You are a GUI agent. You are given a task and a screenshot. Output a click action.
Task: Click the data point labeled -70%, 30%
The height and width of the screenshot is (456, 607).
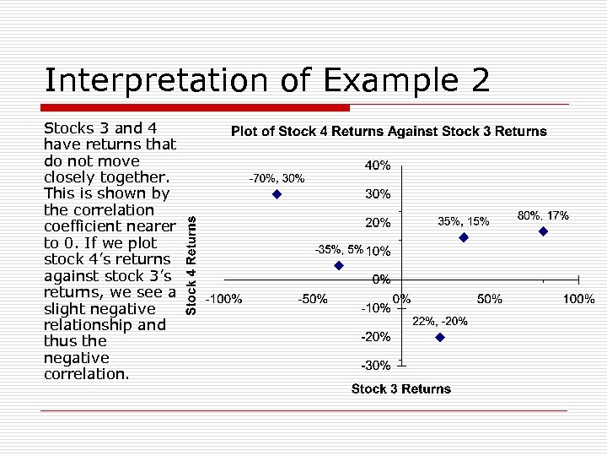[x=277, y=194]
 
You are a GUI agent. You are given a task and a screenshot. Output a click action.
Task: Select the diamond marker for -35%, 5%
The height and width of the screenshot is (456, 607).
[x=339, y=265]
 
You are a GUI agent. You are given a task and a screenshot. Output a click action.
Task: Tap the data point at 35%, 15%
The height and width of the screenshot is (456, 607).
[x=463, y=238]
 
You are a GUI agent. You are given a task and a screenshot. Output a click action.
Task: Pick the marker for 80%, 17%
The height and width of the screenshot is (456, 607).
[x=543, y=231]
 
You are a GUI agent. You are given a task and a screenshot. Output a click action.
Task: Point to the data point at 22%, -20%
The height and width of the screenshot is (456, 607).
[x=439, y=337]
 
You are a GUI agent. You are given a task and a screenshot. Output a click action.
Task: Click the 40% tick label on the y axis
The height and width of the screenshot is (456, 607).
[x=377, y=165]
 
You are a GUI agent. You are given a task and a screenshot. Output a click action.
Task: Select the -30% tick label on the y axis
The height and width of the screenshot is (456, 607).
[x=375, y=366]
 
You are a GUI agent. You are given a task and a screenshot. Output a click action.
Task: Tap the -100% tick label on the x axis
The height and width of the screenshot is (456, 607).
[x=225, y=299]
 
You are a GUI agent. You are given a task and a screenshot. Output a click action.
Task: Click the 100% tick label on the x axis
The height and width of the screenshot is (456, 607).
[x=578, y=299]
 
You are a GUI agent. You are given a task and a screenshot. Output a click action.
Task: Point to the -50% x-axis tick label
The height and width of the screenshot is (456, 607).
[x=312, y=299]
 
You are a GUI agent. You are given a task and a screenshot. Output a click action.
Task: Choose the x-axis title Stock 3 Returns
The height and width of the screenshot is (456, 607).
[x=401, y=389]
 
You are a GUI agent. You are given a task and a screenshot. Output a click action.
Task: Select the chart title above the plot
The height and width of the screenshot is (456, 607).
[x=389, y=132]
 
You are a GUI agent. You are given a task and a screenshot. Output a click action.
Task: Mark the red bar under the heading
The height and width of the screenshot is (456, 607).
[x=196, y=108]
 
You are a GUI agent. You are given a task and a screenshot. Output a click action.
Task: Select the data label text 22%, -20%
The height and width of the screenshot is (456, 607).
[x=439, y=322]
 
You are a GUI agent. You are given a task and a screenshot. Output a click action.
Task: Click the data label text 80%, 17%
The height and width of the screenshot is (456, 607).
[x=543, y=216]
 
